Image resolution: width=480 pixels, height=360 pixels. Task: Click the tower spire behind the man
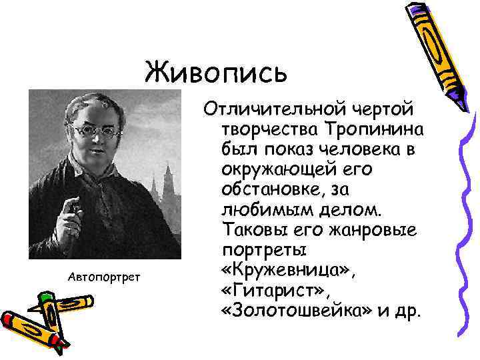click(x=168, y=175)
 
